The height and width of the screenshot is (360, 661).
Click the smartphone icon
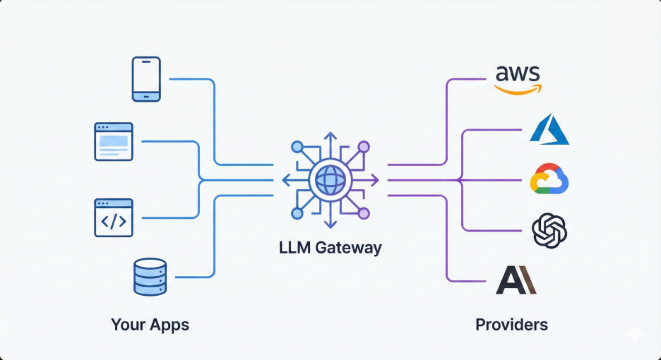pyautogui.click(x=146, y=78)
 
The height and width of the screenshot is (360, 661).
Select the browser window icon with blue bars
pyautogui.click(x=113, y=141)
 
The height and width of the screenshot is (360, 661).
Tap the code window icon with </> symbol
pyautogui.click(x=113, y=217)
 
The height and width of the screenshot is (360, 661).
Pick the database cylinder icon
pyautogui.click(x=150, y=277)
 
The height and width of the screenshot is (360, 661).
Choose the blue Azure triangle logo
pyautogui.click(x=549, y=129)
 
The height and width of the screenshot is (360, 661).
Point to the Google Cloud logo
pyautogui.click(x=549, y=180)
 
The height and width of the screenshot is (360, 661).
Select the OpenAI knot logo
pyautogui.click(x=549, y=231)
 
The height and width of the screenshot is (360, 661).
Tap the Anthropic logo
pyautogui.click(x=516, y=280)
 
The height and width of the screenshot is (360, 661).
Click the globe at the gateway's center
pyautogui.click(x=330, y=180)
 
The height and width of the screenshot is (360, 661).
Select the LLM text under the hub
pyautogui.click(x=293, y=248)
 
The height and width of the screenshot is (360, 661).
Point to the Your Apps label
pyautogui.click(x=150, y=325)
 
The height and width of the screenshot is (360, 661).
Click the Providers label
pyautogui.click(x=511, y=325)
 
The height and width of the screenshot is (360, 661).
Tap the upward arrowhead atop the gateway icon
pyautogui.click(x=330, y=135)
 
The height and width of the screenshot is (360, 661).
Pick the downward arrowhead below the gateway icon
pyautogui.click(x=330, y=225)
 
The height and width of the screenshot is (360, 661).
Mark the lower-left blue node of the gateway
pyautogui.click(x=297, y=213)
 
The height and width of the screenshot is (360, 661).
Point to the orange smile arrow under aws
pyautogui.click(x=518, y=90)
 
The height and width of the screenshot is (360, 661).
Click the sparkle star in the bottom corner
pyautogui.click(x=635, y=334)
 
